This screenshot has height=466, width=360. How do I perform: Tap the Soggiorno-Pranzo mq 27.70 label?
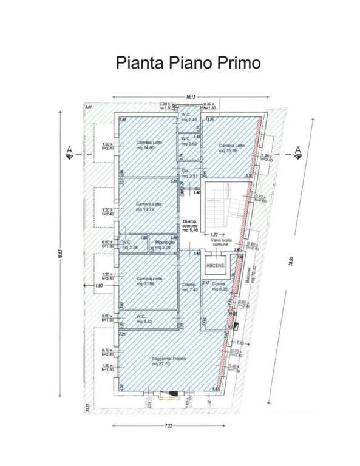click(x=168, y=362)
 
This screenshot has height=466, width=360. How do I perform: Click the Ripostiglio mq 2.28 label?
click(x=165, y=245)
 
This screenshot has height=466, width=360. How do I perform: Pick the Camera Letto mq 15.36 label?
click(x=232, y=147)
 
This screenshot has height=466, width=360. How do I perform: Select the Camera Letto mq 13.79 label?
click(x=147, y=206)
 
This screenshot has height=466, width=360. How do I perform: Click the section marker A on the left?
click(x=69, y=151)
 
